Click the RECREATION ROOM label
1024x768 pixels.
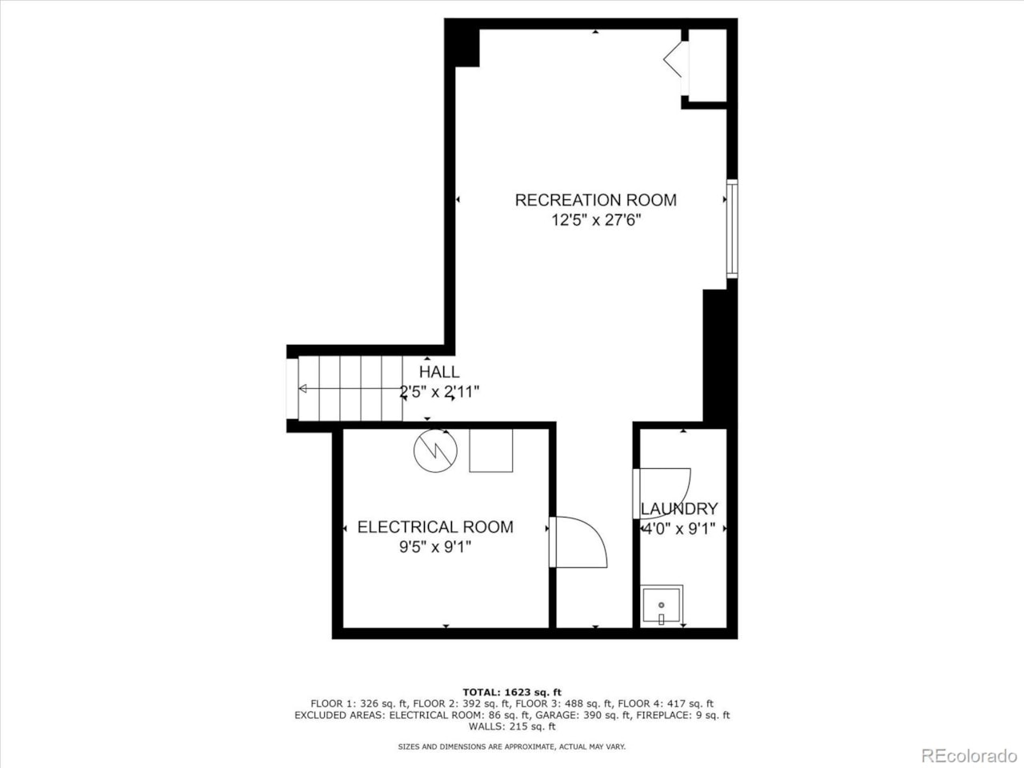[595, 200]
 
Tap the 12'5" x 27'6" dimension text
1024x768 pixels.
[596, 220]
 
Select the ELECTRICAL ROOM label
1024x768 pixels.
[435, 527]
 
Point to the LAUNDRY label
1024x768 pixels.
[679, 509]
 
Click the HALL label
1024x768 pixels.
[439, 372]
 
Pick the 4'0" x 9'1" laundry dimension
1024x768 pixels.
[679, 528]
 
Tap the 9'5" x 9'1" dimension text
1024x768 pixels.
[435, 547]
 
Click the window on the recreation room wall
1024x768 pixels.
[731, 229]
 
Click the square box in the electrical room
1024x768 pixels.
[490, 450]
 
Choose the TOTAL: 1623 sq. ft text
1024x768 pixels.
[512, 692]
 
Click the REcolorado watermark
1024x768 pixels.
[968, 755]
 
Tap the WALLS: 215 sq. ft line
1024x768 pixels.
[512, 726]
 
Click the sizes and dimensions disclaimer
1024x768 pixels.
[512, 746]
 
